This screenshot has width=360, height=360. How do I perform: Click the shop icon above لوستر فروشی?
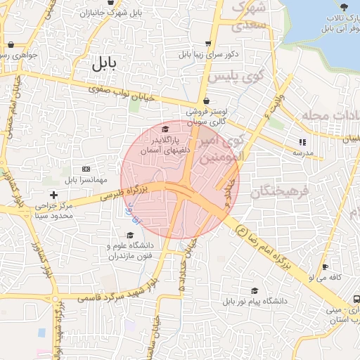coord(205,101)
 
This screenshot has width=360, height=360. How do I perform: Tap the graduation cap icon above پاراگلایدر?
coord(165,129)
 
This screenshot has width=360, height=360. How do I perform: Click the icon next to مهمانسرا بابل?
coord(86,169)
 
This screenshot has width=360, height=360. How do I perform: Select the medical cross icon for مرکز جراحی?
coord(53,194)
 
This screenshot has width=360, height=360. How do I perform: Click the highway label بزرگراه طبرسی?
coord(122,194)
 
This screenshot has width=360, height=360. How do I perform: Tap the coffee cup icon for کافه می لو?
coord(325,266)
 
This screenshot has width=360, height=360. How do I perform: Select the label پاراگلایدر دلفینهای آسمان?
coord(165,146)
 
